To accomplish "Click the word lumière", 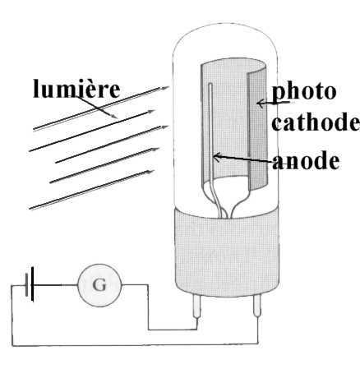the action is point(76,89).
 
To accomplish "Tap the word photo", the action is point(304,92).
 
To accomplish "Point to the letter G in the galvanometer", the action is point(99,285).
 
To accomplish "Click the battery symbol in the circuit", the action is point(30,284).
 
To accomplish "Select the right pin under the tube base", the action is point(257,306).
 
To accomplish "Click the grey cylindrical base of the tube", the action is point(227,251).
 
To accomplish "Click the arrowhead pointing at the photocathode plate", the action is point(261,104).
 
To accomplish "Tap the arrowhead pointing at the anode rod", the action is point(216,157).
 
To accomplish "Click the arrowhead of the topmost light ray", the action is point(164,88).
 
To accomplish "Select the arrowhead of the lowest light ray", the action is point(150,172).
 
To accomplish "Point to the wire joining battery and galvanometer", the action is point(56,285).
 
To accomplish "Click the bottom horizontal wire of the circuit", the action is point(135,344).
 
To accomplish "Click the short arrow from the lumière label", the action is point(96,107).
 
